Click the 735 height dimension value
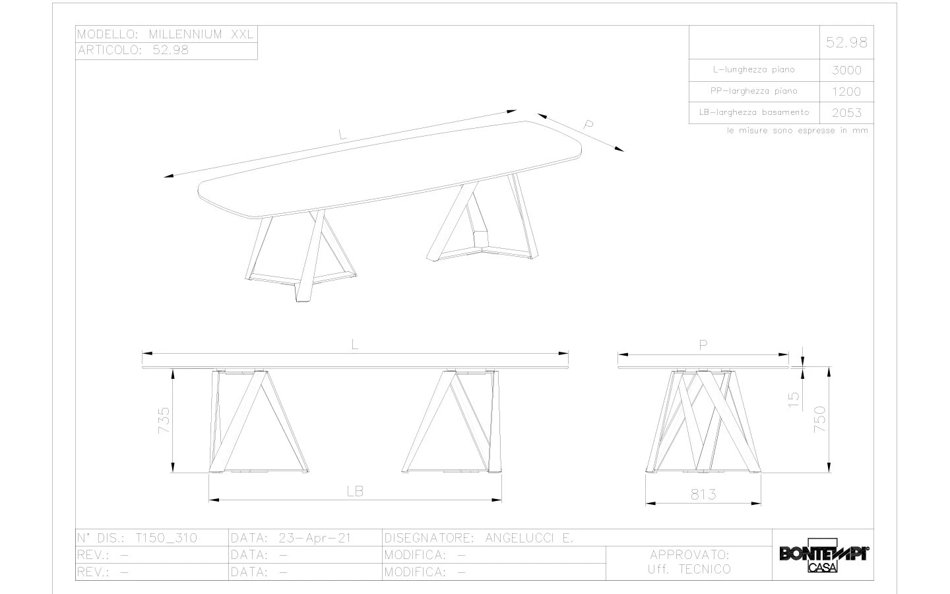[164, 420]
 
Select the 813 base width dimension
[703, 494]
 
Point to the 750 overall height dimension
[819, 420]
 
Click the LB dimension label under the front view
[355, 491]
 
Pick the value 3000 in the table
[846, 70]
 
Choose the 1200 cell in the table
[846, 92]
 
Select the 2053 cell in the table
[846, 113]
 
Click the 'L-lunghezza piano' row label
[753, 69]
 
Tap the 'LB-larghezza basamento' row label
[753, 112]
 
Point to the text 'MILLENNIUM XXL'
[201, 34]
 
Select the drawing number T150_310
[166, 538]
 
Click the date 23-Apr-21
[314, 538]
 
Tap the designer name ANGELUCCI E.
[528, 538]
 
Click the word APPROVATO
[689, 554]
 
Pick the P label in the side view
[703, 345]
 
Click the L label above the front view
[355, 345]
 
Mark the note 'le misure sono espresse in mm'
[797, 131]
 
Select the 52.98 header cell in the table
[846, 43]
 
